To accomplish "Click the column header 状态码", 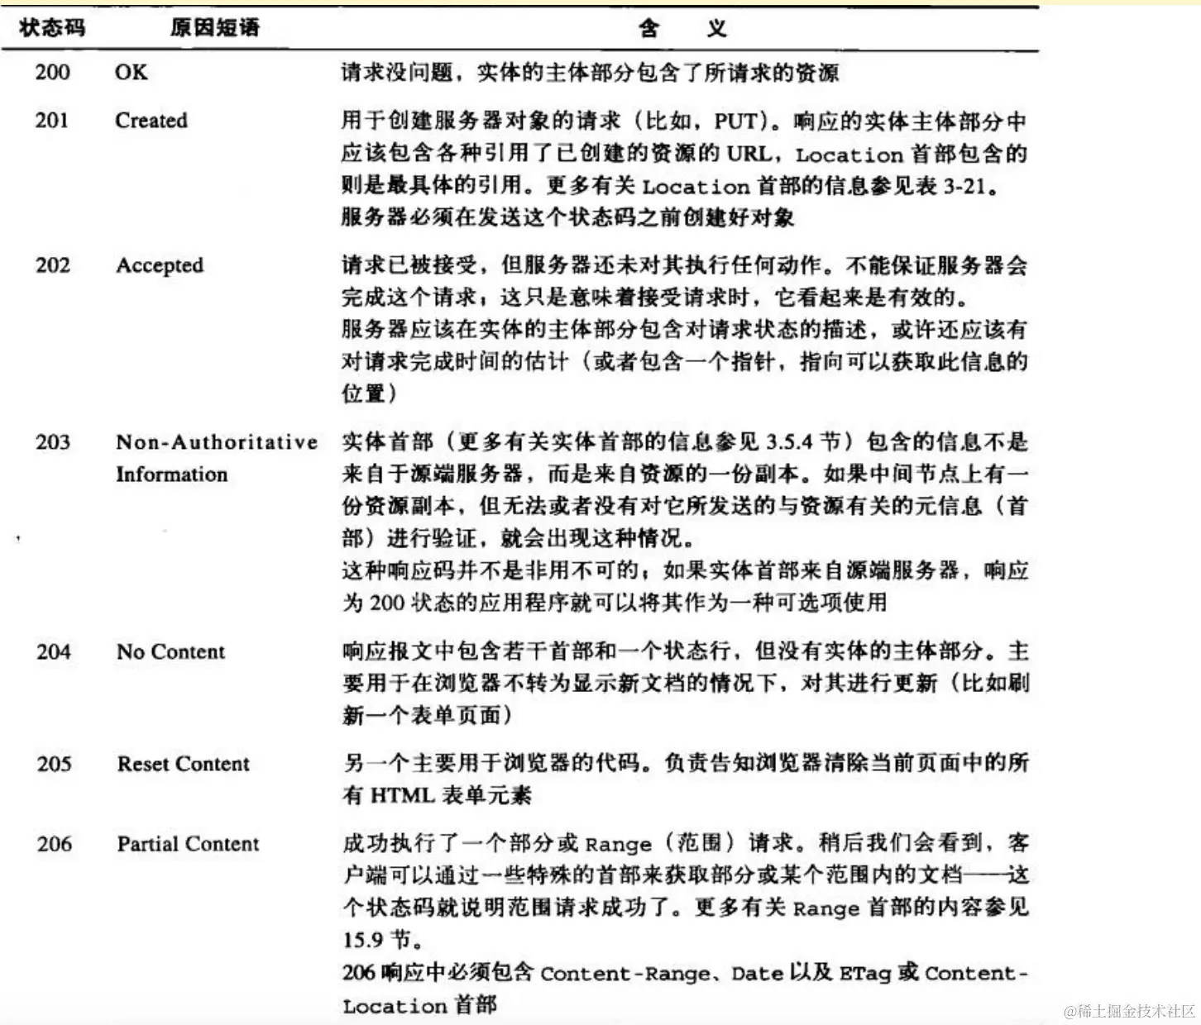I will click(52, 28).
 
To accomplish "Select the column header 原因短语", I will click(215, 28).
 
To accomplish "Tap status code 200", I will click(52, 72).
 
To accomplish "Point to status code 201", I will click(51, 121).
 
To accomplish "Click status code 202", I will click(52, 265).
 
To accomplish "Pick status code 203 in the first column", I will click(52, 442).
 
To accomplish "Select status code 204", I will click(53, 652).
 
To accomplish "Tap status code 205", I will click(54, 764).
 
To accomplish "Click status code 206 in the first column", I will click(54, 844).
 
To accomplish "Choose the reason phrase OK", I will click(132, 72).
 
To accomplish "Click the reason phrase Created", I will click(151, 121).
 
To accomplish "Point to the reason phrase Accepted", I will click(160, 265).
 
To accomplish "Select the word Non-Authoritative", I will click(217, 442).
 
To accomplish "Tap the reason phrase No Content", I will click(170, 652).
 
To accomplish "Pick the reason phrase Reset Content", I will click(183, 764).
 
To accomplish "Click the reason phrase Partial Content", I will click(188, 844).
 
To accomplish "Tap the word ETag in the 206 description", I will click(865, 974).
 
